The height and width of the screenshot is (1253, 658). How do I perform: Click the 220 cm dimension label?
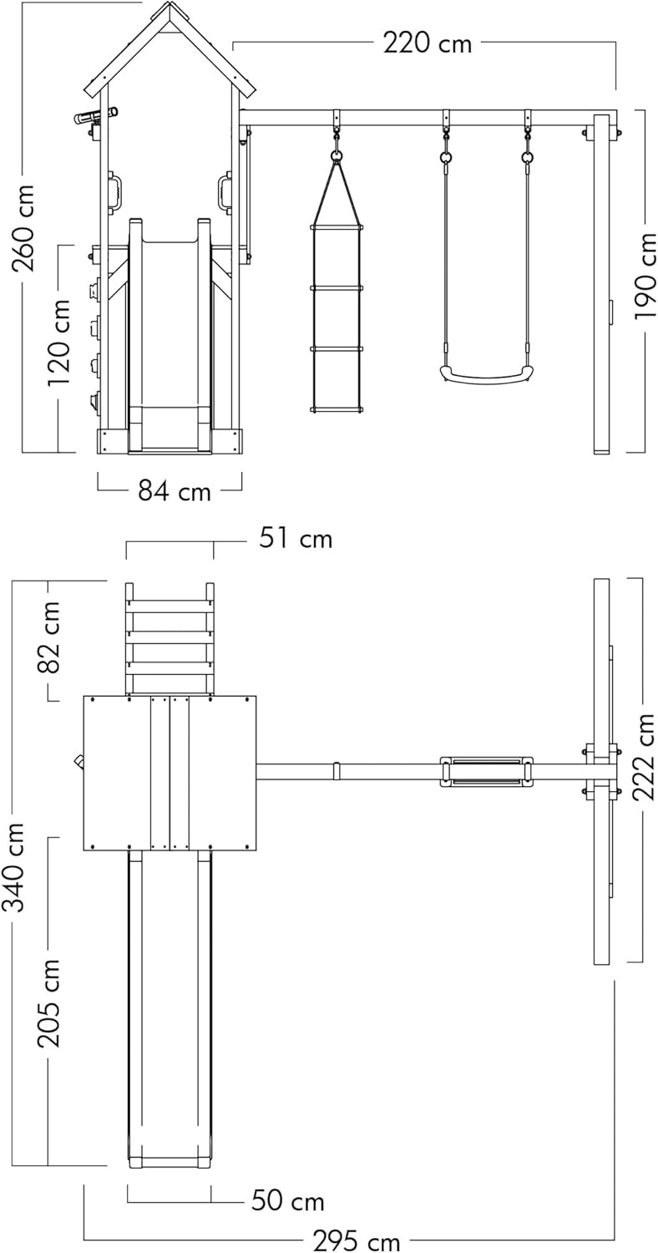[427, 43]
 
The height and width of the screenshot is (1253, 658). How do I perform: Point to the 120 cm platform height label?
[59, 342]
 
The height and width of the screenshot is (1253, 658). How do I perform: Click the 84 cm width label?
[175, 491]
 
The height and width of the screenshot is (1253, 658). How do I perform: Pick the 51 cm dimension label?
[296, 538]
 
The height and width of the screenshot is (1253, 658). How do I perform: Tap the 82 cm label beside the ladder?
[48, 637]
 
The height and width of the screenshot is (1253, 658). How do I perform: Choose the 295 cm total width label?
[356, 1237]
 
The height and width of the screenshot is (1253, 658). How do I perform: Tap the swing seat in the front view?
[484, 375]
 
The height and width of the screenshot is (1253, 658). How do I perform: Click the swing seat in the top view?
[486, 771]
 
